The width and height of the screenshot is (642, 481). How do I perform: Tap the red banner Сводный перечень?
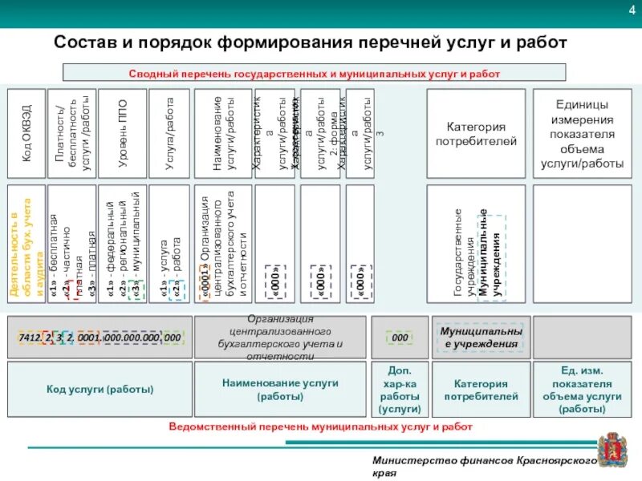[x=314, y=73]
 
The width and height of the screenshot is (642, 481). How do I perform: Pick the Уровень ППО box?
[x=122, y=133]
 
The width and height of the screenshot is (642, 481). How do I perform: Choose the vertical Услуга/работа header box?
[x=169, y=133]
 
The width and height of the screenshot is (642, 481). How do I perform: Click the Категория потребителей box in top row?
[x=476, y=133]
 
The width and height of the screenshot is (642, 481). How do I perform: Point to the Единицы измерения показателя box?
[x=582, y=133]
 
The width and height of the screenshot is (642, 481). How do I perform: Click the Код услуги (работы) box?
[x=100, y=389]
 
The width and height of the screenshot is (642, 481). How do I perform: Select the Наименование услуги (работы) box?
[x=282, y=389]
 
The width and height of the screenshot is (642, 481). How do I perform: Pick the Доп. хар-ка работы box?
[x=400, y=389]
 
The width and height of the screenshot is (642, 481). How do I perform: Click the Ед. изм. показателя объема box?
[x=582, y=389]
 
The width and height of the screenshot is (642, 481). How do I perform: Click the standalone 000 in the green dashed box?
[x=400, y=338]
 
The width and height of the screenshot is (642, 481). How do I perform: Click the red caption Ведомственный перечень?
[x=320, y=426]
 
